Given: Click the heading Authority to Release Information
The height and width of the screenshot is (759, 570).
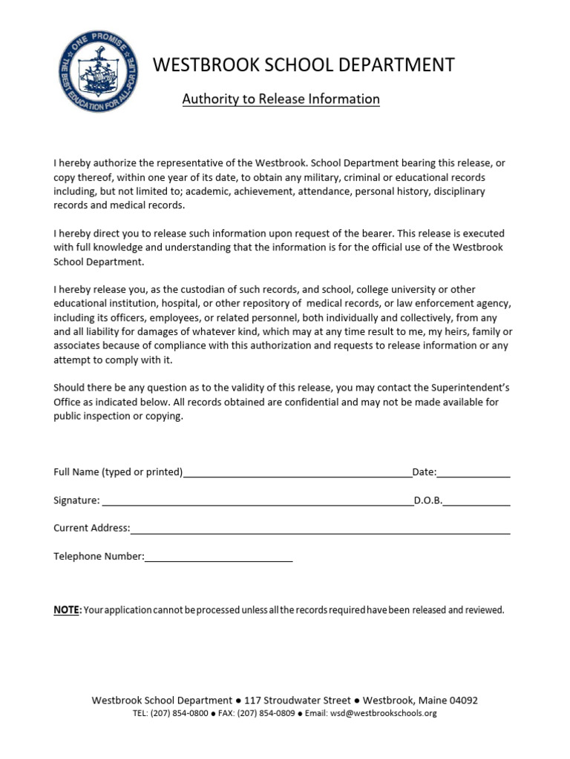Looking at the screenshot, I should coord(281,99).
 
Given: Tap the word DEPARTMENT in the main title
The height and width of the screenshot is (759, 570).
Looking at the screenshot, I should coord(387,65).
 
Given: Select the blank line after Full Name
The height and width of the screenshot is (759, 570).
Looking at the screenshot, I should coord(297,474).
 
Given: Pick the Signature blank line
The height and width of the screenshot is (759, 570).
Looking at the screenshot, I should coord(258,503).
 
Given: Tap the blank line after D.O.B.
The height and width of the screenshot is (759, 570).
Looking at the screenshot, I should coord(477,503).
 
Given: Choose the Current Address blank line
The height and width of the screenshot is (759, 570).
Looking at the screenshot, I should coord(320,531).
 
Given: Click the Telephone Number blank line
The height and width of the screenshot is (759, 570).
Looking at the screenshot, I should coord(219,559).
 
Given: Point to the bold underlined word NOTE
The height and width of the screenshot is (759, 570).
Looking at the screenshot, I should coord(66,610).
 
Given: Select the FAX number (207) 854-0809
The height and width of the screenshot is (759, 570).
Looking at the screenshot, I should coord(267,714).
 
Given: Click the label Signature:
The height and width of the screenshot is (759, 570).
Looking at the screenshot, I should coord(76,500).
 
